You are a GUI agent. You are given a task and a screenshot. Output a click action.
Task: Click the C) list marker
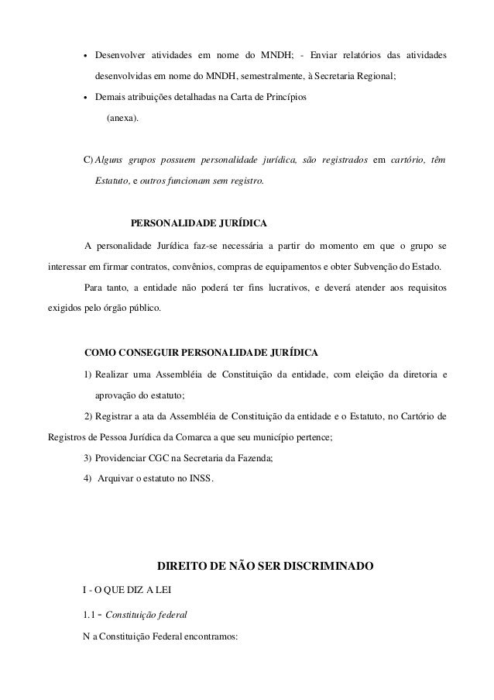coord(87,160)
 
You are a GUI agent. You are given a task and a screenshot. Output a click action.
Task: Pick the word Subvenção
coord(374,267)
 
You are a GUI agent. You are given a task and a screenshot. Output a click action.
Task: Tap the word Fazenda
coord(247,458)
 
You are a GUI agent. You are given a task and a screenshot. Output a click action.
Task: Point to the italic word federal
coord(170,614)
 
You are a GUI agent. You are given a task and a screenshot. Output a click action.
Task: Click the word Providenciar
coord(121,458)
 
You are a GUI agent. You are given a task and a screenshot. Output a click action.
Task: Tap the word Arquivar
coord(115,478)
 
